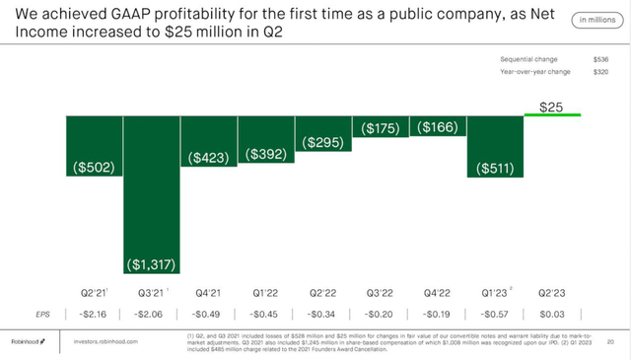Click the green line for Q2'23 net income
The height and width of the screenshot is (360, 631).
(x=552, y=115)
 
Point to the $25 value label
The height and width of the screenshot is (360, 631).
(x=552, y=105)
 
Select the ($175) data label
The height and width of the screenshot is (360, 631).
(x=381, y=127)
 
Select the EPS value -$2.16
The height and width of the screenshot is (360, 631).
(x=95, y=314)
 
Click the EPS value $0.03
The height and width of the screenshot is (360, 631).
(x=552, y=314)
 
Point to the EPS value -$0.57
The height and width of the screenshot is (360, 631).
(x=495, y=314)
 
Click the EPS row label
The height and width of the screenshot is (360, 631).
(x=40, y=314)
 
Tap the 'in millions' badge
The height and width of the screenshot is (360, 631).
(x=596, y=19)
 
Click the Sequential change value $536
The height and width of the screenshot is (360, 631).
(x=600, y=59)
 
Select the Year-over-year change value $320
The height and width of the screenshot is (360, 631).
(x=600, y=72)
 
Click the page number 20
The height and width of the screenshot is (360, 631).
(x=611, y=341)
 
